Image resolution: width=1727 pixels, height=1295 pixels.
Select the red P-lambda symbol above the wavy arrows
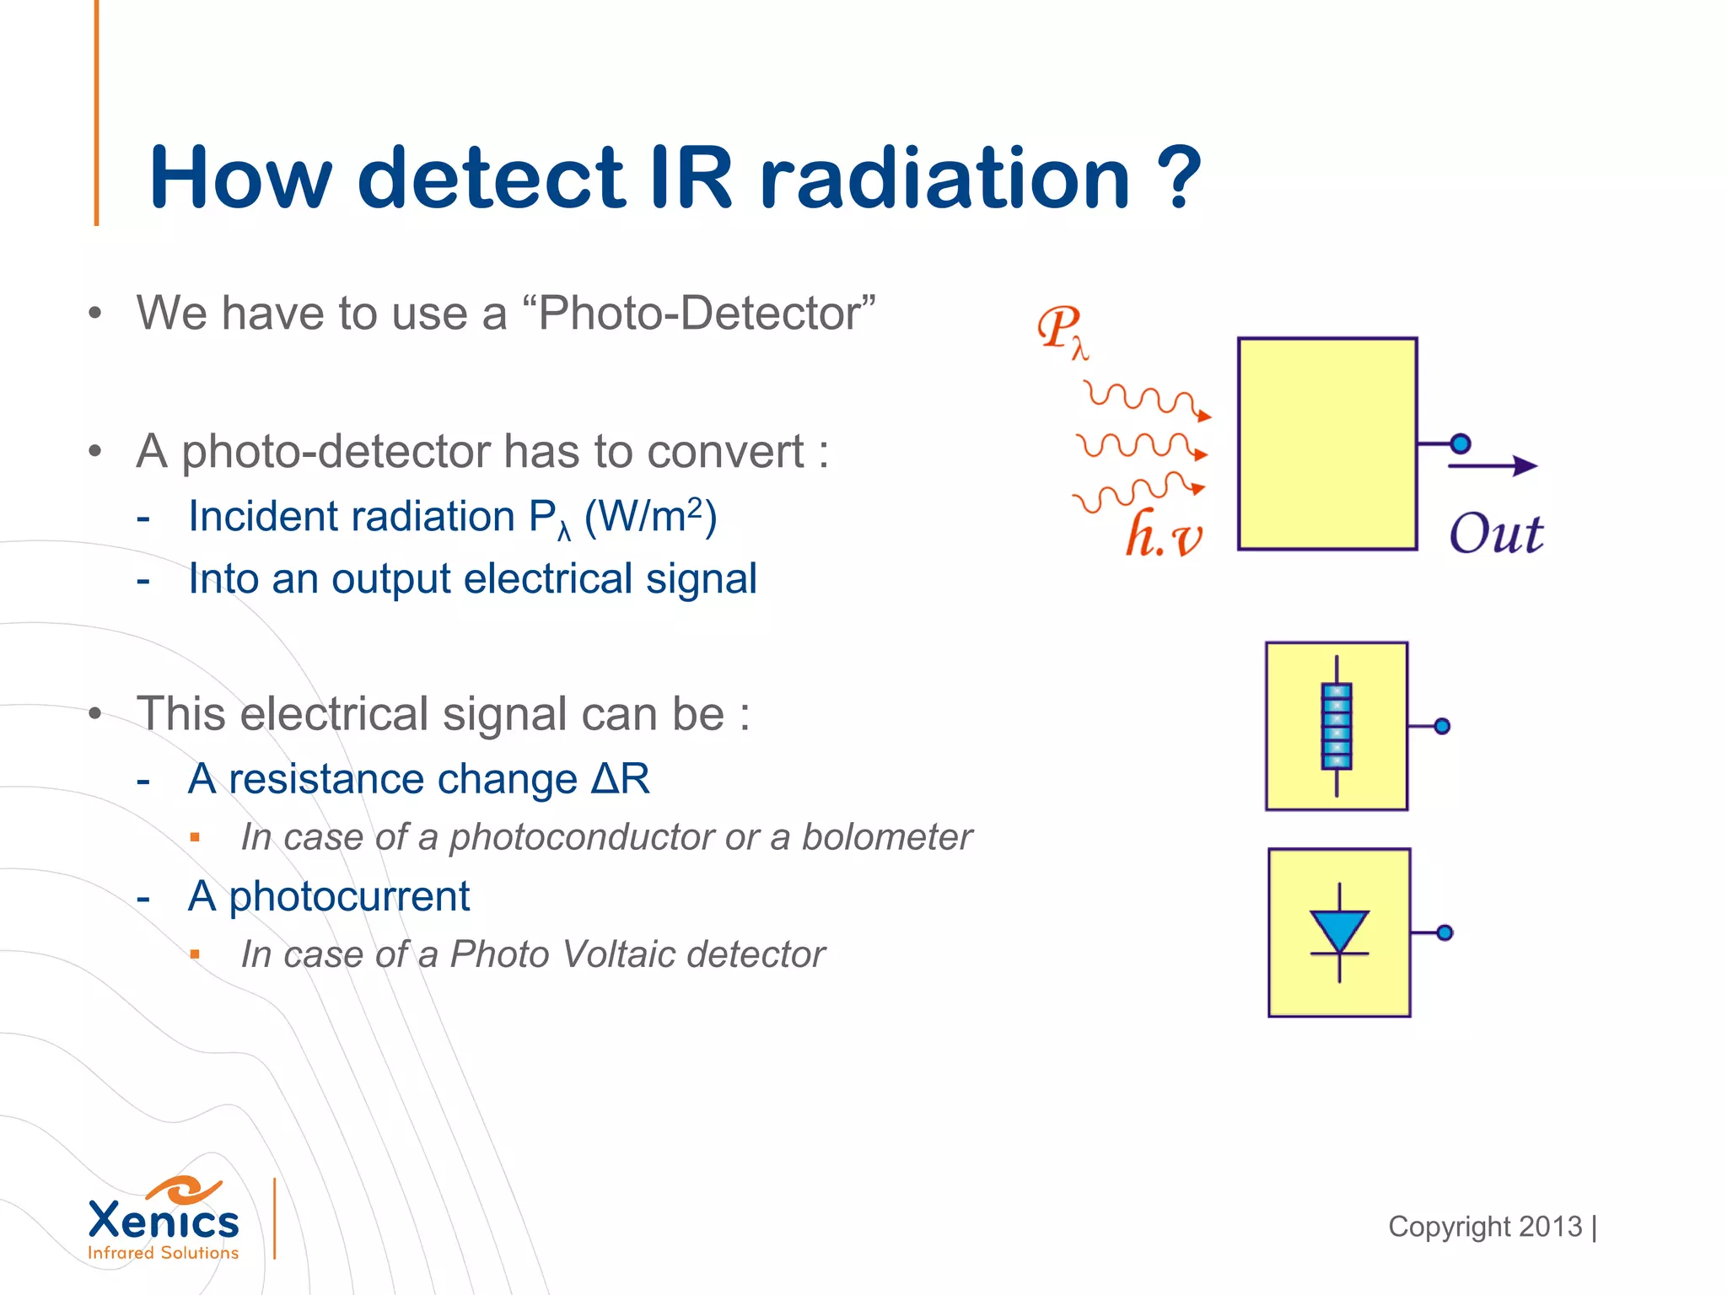point(1063,331)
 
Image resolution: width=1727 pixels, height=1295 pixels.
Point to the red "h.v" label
point(1165,535)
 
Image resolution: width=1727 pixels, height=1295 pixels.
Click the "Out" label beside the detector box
point(1496,534)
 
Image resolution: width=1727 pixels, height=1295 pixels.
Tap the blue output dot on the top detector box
point(1461,443)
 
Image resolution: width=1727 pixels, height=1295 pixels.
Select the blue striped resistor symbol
point(1337,726)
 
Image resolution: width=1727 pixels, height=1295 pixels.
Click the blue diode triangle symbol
point(1339,931)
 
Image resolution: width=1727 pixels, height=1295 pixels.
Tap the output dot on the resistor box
point(1442,726)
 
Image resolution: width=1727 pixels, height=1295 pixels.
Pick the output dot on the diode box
point(1445,932)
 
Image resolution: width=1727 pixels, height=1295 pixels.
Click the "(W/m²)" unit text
point(650,516)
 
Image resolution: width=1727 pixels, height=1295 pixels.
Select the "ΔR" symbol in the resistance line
point(621,778)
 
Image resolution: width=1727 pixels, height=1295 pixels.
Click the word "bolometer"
point(886,837)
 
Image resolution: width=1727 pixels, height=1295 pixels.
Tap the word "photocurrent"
point(350,896)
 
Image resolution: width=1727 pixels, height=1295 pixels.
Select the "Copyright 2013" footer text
point(1485,1227)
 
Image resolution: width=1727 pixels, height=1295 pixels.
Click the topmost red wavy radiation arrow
point(1147,399)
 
